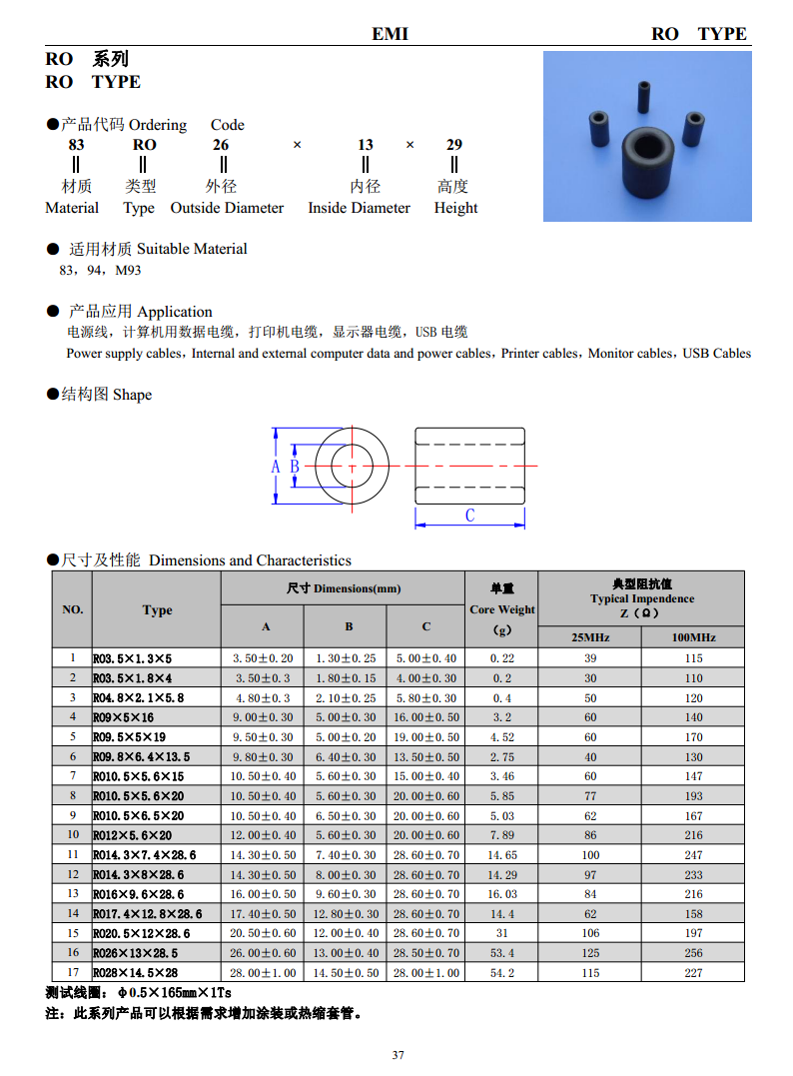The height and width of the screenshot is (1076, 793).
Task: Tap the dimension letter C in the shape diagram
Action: click(x=469, y=516)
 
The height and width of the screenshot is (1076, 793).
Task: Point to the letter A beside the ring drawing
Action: click(x=276, y=467)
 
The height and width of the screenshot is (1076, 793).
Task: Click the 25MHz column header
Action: click(x=590, y=637)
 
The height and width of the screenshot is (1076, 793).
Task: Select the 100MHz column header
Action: click(x=693, y=637)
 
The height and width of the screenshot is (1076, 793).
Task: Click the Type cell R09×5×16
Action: click(x=125, y=717)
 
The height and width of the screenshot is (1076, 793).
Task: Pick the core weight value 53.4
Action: click(x=501, y=953)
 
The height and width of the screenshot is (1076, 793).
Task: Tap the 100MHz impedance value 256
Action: click(x=693, y=953)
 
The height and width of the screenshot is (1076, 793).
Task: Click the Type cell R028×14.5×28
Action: click(x=135, y=973)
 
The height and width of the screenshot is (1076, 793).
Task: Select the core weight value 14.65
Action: click(x=501, y=855)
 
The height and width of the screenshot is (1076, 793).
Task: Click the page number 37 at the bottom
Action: click(x=397, y=1055)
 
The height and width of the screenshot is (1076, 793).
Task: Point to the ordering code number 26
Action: click(x=221, y=145)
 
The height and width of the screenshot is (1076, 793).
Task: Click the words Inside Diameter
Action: click(x=359, y=208)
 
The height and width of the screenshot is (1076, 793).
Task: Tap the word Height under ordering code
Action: click(x=455, y=208)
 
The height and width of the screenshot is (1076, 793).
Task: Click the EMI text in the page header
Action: click(x=390, y=34)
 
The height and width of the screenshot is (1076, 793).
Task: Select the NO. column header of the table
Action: click(x=73, y=609)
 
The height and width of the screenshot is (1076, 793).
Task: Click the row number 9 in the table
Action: click(x=73, y=815)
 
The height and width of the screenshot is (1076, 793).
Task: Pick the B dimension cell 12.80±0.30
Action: click(x=347, y=914)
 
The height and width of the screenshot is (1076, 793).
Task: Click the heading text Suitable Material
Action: click(x=192, y=249)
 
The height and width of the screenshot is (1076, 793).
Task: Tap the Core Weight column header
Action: click(x=501, y=609)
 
